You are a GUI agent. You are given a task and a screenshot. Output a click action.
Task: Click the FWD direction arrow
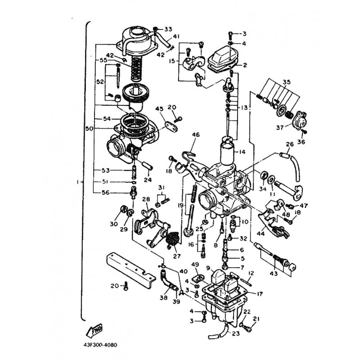[94, 331]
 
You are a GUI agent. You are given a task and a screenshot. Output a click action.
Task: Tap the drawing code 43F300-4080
[100, 345]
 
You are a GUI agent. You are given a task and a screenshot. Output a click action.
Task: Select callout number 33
[168, 29]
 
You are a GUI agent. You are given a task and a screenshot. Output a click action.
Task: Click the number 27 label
[177, 256]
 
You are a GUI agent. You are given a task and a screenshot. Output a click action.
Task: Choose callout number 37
[280, 127]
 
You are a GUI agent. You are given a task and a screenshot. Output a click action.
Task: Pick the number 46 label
[196, 135]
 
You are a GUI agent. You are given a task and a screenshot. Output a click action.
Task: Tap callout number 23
[236, 333]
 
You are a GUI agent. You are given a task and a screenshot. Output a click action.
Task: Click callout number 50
[89, 129]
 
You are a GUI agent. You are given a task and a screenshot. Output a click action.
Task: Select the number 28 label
[146, 199]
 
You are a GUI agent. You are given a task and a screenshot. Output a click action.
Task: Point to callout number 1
[78, 182]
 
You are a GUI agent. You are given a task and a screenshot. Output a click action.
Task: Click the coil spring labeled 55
[137, 69]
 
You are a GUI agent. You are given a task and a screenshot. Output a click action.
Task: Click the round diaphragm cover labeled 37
[300, 119]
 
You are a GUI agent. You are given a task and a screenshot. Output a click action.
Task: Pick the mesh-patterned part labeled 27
[173, 239]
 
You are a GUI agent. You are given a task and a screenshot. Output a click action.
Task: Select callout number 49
[195, 265]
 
